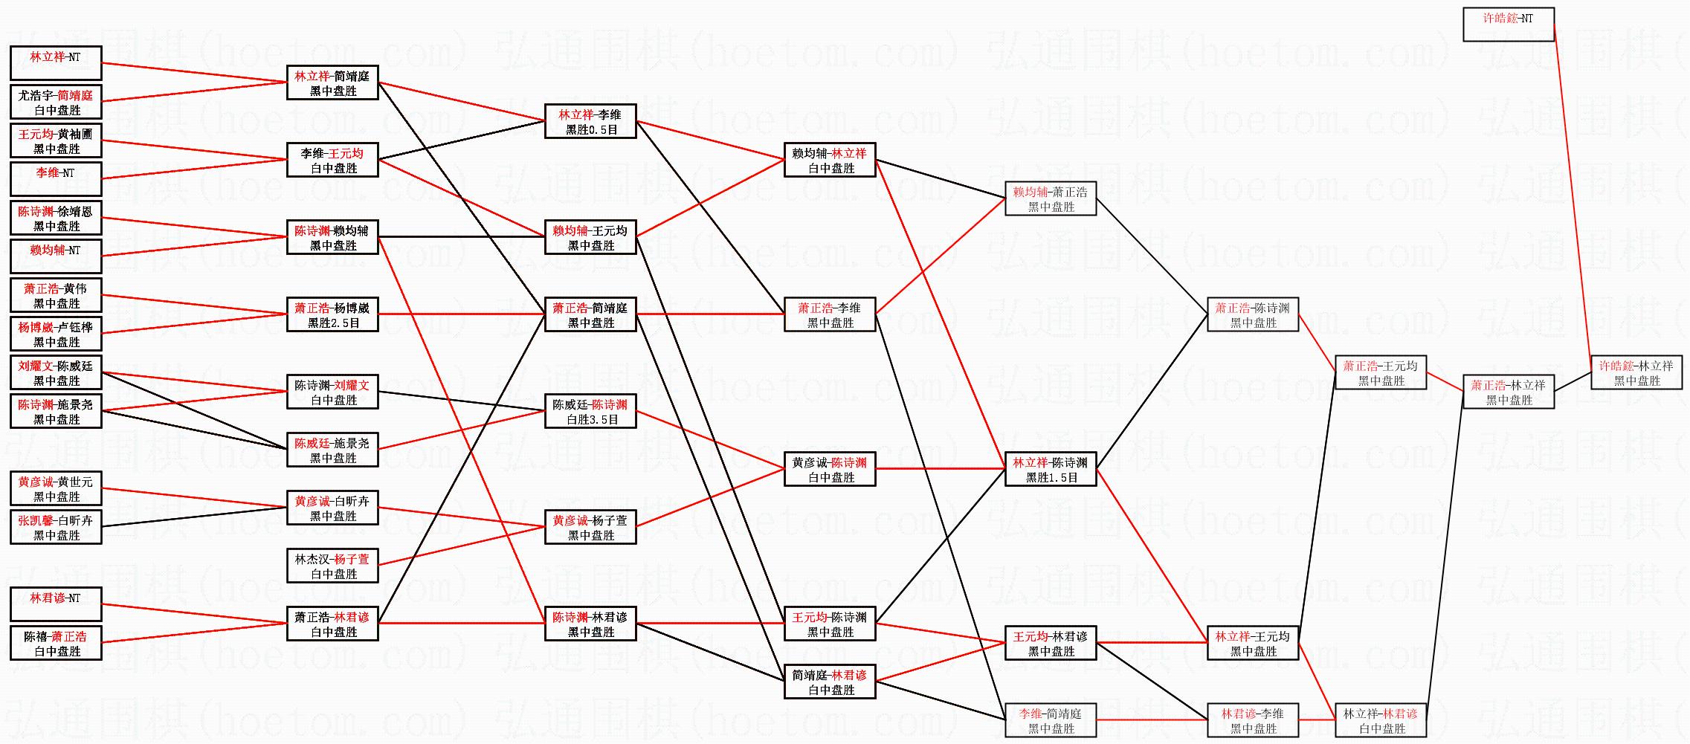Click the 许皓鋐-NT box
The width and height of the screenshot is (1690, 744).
pyautogui.click(x=1508, y=25)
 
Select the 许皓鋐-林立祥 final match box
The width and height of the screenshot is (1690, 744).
pyautogui.click(x=1636, y=372)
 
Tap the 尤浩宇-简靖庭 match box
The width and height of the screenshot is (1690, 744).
pyautogui.click(x=56, y=103)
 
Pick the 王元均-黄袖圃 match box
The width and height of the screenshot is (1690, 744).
pyautogui.click(x=56, y=141)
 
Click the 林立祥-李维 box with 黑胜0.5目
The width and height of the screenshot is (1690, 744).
pyautogui.click(x=590, y=122)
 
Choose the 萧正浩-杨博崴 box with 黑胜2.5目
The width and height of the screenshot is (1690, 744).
pyautogui.click(x=332, y=315)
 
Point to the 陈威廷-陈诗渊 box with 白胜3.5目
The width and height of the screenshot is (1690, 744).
pyautogui.click(x=590, y=412)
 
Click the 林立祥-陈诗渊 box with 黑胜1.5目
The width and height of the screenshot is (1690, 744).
pyautogui.click(x=1051, y=470)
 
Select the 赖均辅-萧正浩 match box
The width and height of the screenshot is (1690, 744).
pyautogui.click(x=1051, y=199)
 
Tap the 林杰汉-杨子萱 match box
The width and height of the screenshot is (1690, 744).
pyautogui.click(x=332, y=566)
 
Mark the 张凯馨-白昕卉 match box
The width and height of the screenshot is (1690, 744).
pyautogui.click(x=56, y=528)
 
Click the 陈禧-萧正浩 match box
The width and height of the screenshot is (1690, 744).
pyautogui.click(x=56, y=644)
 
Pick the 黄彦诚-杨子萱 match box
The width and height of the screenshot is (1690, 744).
pyautogui.click(x=590, y=528)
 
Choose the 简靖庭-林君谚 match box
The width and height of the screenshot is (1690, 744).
pyautogui.click(x=830, y=682)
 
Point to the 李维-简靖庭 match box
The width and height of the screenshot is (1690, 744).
pyautogui.click(x=1051, y=721)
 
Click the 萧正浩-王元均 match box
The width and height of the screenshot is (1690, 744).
pyautogui.click(x=1381, y=373)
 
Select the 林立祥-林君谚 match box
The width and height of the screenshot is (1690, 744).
pyautogui.click(x=1381, y=721)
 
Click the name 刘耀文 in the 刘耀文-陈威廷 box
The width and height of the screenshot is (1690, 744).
pyautogui.click(x=36, y=366)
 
